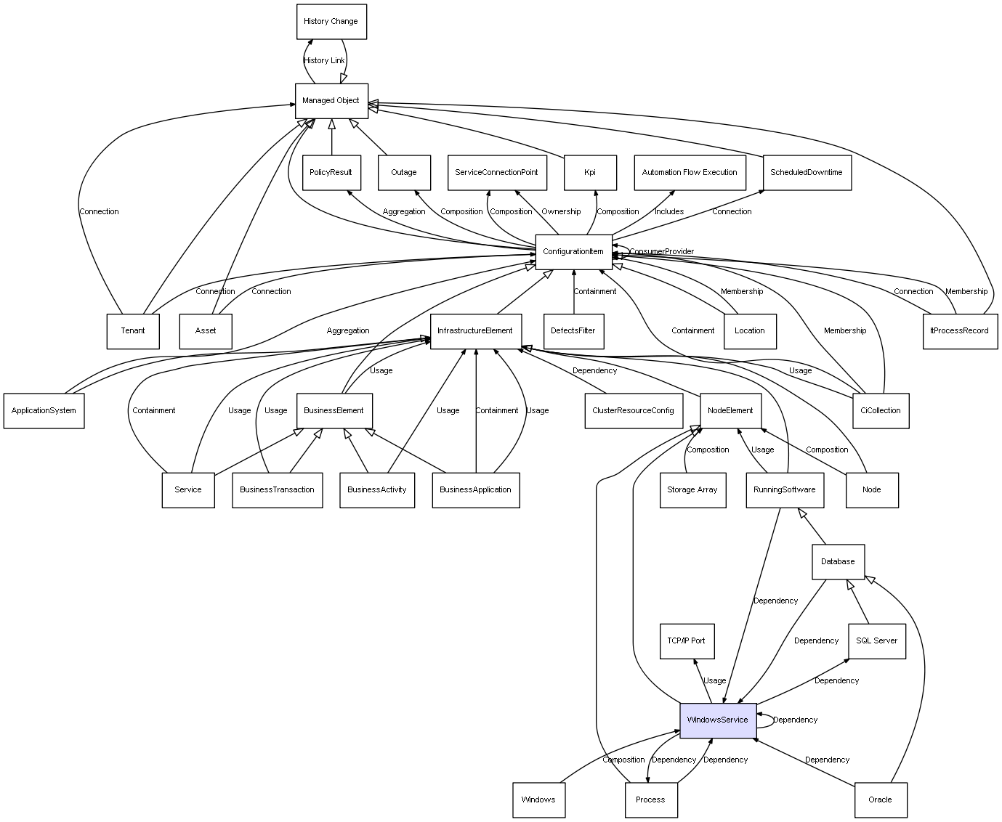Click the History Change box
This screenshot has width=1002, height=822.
[331, 22]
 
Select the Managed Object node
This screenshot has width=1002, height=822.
[331, 101]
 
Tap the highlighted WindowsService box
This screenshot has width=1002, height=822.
[718, 720]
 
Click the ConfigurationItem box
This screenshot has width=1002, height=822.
[573, 252]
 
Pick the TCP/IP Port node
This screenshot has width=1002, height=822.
[687, 641]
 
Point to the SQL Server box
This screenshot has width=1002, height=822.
[877, 641]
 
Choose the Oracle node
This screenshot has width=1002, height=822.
[881, 799]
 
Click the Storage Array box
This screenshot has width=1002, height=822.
[692, 490]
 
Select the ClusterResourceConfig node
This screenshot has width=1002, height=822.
[634, 411]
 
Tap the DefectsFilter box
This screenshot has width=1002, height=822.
[574, 331]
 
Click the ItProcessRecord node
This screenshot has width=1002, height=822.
[960, 331]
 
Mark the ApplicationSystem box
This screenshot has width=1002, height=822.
[44, 411]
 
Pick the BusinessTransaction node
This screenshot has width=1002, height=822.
[278, 490]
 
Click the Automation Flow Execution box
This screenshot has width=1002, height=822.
[690, 173]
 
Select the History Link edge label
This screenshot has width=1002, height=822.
[324, 61]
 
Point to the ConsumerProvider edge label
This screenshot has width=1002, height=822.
[662, 252]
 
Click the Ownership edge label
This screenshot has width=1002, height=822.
[561, 212]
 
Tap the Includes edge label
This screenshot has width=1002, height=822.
[669, 212]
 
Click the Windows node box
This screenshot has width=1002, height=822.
[538, 799]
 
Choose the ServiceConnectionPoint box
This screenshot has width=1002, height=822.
[497, 173]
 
